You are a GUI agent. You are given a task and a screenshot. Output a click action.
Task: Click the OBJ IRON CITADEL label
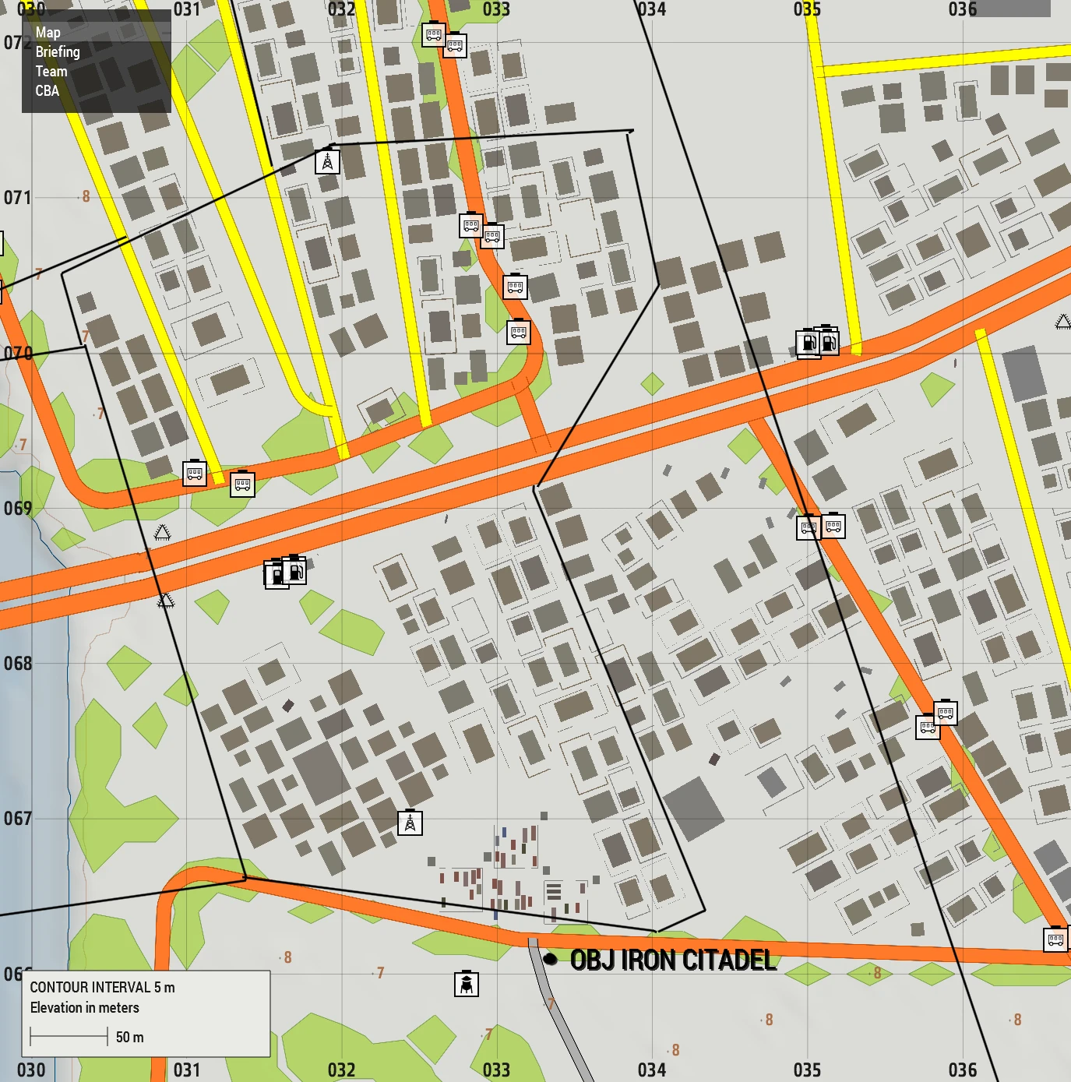tap(673, 960)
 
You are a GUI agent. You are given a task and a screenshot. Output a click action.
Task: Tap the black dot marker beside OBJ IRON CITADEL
tap(550, 958)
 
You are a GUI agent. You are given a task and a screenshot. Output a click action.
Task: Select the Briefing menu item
tap(58, 52)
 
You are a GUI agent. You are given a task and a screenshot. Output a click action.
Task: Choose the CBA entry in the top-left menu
tap(47, 91)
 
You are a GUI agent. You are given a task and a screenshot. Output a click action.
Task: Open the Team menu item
tap(51, 72)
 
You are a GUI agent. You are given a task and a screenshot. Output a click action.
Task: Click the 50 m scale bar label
tap(129, 1037)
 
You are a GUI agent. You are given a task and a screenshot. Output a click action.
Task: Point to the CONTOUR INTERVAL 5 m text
tap(102, 987)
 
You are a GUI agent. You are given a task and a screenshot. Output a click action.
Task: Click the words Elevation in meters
tap(84, 1007)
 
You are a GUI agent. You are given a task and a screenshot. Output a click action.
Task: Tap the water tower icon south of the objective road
tap(466, 984)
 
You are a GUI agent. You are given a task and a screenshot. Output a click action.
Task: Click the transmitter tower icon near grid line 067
tap(410, 823)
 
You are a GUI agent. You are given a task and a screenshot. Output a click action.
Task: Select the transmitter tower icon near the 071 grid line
tap(327, 161)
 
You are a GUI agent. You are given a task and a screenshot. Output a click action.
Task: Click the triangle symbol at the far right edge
tap(1062, 322)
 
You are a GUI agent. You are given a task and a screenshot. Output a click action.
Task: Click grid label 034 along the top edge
tap(651, 9)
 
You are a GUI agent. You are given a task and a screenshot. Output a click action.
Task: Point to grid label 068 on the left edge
tap(18, 664)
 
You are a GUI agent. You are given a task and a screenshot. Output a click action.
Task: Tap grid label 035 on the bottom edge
tap(807, 1070)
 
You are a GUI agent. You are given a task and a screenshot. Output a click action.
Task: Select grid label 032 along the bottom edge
tap(341, 1070)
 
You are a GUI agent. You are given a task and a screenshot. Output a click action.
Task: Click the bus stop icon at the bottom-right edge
tap(1055, 939)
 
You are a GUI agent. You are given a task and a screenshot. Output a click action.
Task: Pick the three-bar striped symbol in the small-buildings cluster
tap(553, 890)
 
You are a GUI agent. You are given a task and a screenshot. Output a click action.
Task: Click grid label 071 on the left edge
tap(18, 198)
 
